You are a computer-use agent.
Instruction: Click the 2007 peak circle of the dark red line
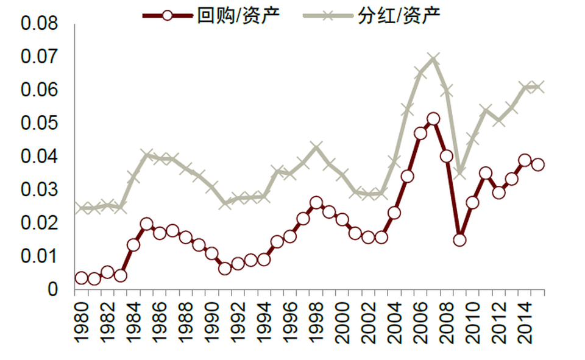[433, 119]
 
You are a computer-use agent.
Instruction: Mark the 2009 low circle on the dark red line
[459, 239]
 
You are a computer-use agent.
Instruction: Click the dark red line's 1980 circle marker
[81, 278]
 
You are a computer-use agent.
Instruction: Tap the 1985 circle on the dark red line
[146, 224]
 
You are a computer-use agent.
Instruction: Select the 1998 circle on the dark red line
[316, 203]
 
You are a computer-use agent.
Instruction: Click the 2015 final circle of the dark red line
[537, 164]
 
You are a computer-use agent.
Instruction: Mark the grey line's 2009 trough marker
[459, 174]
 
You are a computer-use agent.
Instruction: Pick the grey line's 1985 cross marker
[146, 155]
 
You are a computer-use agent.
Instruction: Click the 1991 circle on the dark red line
[224, 268]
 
